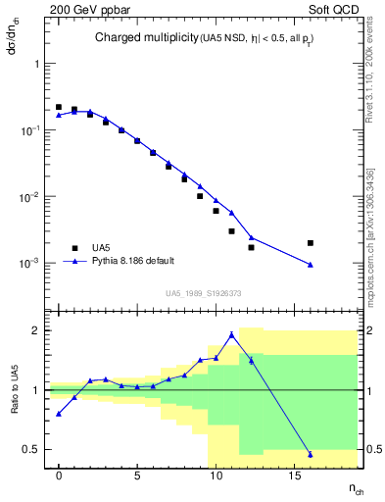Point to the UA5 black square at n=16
pos(310,242)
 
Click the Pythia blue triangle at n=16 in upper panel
pos(310,265)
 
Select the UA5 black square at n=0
pos(59,107)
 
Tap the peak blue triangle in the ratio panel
pos(231,334)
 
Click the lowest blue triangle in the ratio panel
pos(310,454)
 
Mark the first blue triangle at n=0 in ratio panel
pos(59,414)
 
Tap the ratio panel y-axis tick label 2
pos(38,330)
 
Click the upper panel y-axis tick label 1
pos(38,63)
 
